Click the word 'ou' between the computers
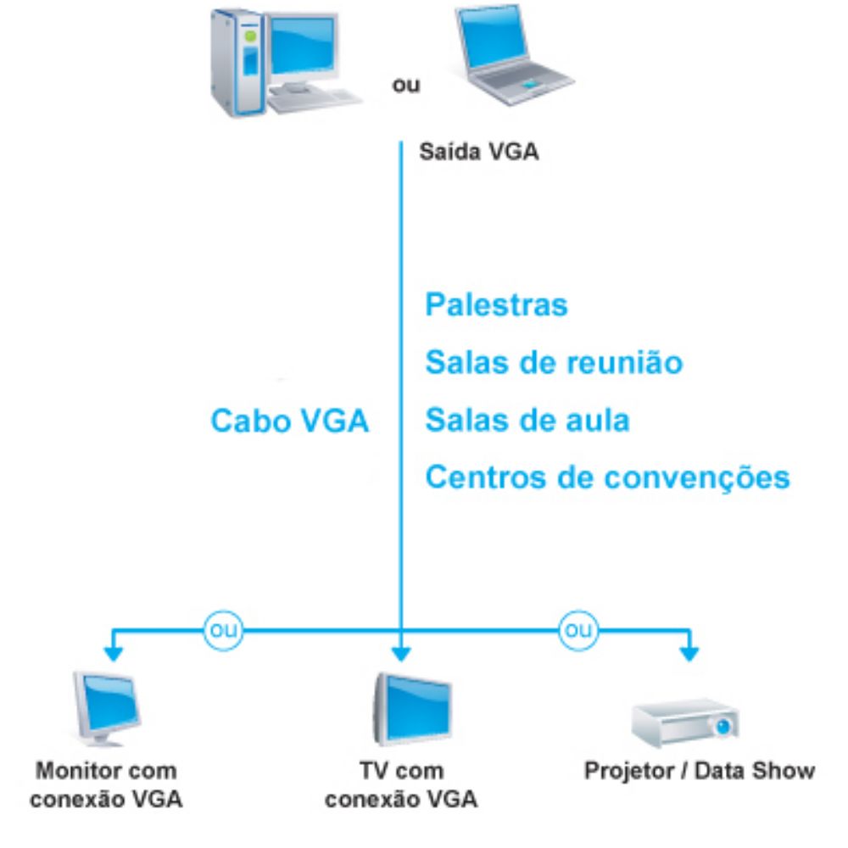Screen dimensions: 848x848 point(404,86)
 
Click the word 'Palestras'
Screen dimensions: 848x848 point(496,304)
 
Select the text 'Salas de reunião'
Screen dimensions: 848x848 point(554,362)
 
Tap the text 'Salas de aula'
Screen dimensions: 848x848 point(527,420)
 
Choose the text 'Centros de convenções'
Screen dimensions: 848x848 point(607,477)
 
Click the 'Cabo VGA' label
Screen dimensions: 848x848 point(290,421)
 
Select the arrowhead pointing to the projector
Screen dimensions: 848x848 point(690,655)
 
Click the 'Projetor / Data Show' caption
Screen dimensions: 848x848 point(700,772)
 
